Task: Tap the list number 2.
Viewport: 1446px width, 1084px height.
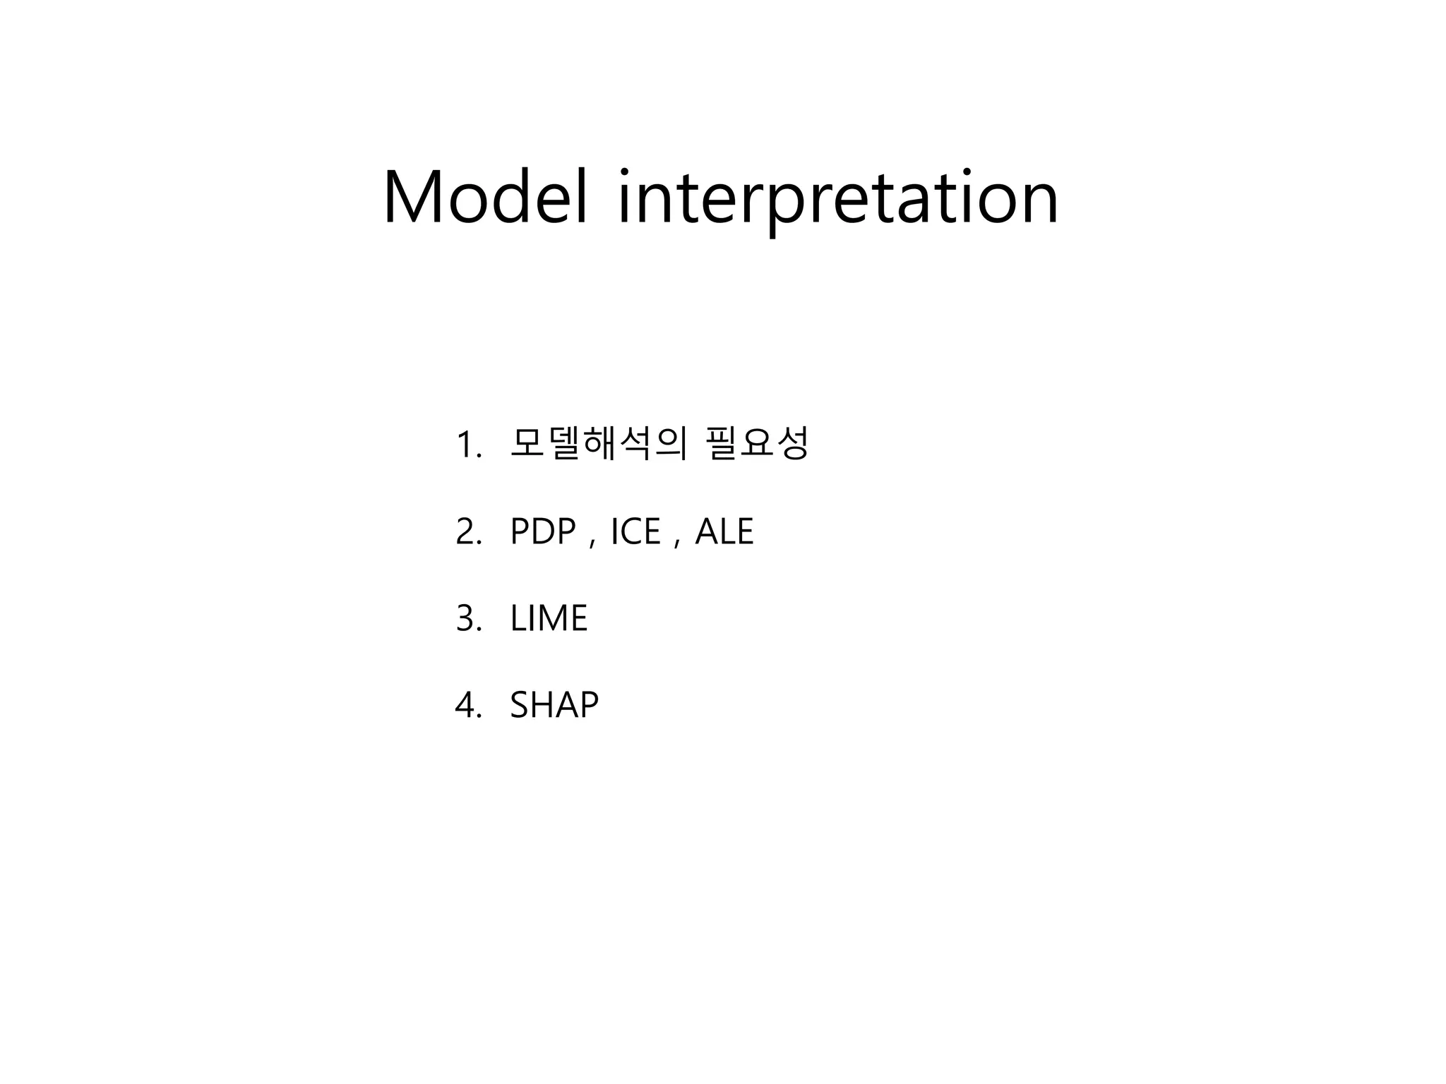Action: coord(467,532)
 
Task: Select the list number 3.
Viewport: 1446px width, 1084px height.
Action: coord(467,619)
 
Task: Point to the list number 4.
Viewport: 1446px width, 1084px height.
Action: coord(467,705)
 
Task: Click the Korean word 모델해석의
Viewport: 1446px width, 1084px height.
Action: coord(597,444)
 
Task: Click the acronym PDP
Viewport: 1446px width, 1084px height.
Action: coord(542,532)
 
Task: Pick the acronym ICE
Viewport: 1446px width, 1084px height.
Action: coord(635,532)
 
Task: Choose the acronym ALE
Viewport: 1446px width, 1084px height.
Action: coord(724,532)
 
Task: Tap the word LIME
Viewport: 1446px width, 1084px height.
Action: coord(549,619)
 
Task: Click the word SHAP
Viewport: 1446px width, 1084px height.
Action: coord(554,705)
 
